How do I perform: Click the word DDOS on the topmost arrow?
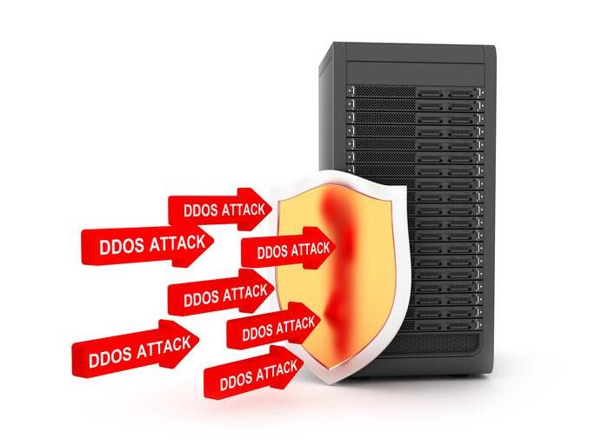(x=199, y=210)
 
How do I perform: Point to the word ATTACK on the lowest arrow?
(x=275, y=371)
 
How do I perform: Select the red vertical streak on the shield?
(x=334, y=261)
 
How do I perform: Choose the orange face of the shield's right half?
(x=370, y=261)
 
